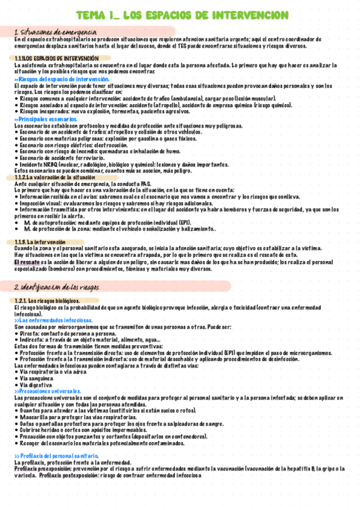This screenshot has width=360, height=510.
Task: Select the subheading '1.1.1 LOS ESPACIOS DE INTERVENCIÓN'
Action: [56, 58]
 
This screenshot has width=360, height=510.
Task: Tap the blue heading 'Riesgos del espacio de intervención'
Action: [63, 79]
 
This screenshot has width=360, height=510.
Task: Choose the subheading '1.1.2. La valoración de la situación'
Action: [55, 178]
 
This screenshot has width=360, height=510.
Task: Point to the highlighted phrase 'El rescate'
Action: [27, 262]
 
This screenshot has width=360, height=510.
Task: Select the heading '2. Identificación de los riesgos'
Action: [59, 287]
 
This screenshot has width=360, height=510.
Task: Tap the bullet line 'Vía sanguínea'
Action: [36, 378]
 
